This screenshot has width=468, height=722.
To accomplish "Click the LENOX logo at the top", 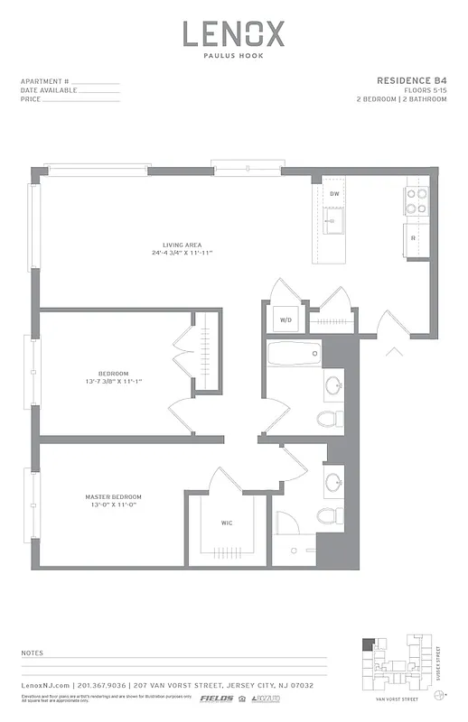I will point(234,35).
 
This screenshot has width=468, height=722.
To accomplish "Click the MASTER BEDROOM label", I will point(113,497).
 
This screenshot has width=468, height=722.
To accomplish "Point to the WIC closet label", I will point(227,523).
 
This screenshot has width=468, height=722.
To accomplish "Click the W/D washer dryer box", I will point(285,319).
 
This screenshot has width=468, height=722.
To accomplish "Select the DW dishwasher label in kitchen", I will point(334,194).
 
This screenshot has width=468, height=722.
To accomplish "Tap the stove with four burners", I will point(417,201).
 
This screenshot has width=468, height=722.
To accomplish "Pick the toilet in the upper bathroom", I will point(330,418).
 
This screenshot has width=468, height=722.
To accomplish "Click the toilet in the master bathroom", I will point(328,515).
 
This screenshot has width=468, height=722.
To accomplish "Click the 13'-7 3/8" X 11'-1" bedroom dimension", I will point(113,382).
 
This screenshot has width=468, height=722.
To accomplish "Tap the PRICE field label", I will point(31,99).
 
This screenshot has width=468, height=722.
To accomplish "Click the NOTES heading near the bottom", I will point(32,652).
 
